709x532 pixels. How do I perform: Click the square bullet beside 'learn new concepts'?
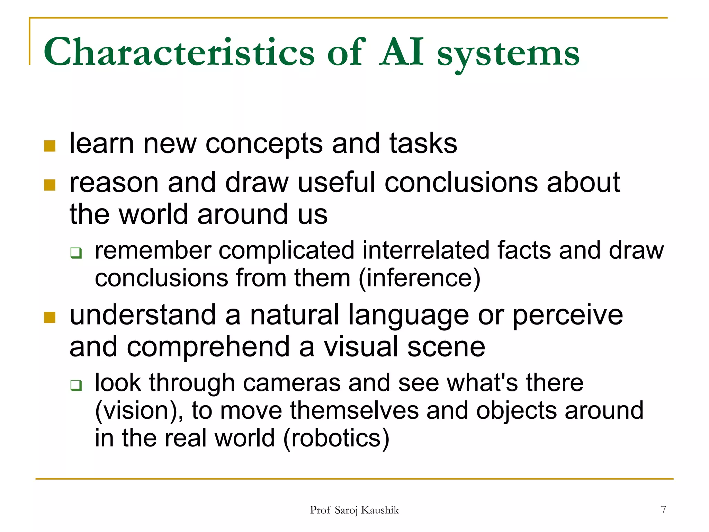(50, 146)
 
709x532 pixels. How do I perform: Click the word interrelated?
(425, 250)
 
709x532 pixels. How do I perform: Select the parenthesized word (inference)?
(419, 278)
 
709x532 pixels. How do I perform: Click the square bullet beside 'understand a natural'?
(50, 317)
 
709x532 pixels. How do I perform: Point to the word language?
(409, 315)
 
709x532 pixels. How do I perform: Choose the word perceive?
(567, 315)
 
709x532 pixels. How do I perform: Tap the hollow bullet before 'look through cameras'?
(76, 385)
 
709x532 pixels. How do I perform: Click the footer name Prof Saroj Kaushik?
(354, 510)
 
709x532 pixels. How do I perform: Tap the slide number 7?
(663, 509)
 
